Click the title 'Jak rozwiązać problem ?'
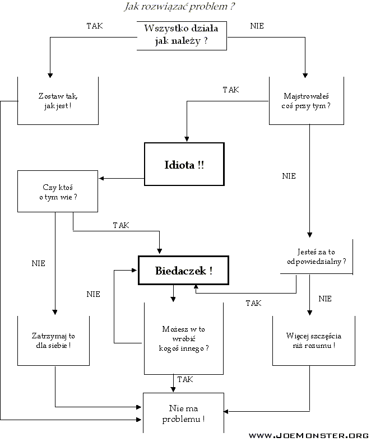click(178, 7)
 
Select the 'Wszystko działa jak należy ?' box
click(182, 35)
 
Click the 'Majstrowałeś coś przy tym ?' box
click(307, 101)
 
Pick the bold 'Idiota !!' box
click(184, 165)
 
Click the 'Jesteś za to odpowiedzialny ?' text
click(312, 257)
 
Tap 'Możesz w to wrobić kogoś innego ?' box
click(184, 339)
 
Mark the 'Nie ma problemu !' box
click(184, 413)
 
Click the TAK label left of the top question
click(95, 26)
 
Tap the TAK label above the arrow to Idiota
click(230, 90)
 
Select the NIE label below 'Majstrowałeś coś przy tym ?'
click(289, 176)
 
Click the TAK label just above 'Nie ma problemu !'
click(185, 379)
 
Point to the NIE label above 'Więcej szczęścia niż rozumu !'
click(325, 299)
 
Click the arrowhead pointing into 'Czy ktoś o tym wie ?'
click(102, 179)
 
